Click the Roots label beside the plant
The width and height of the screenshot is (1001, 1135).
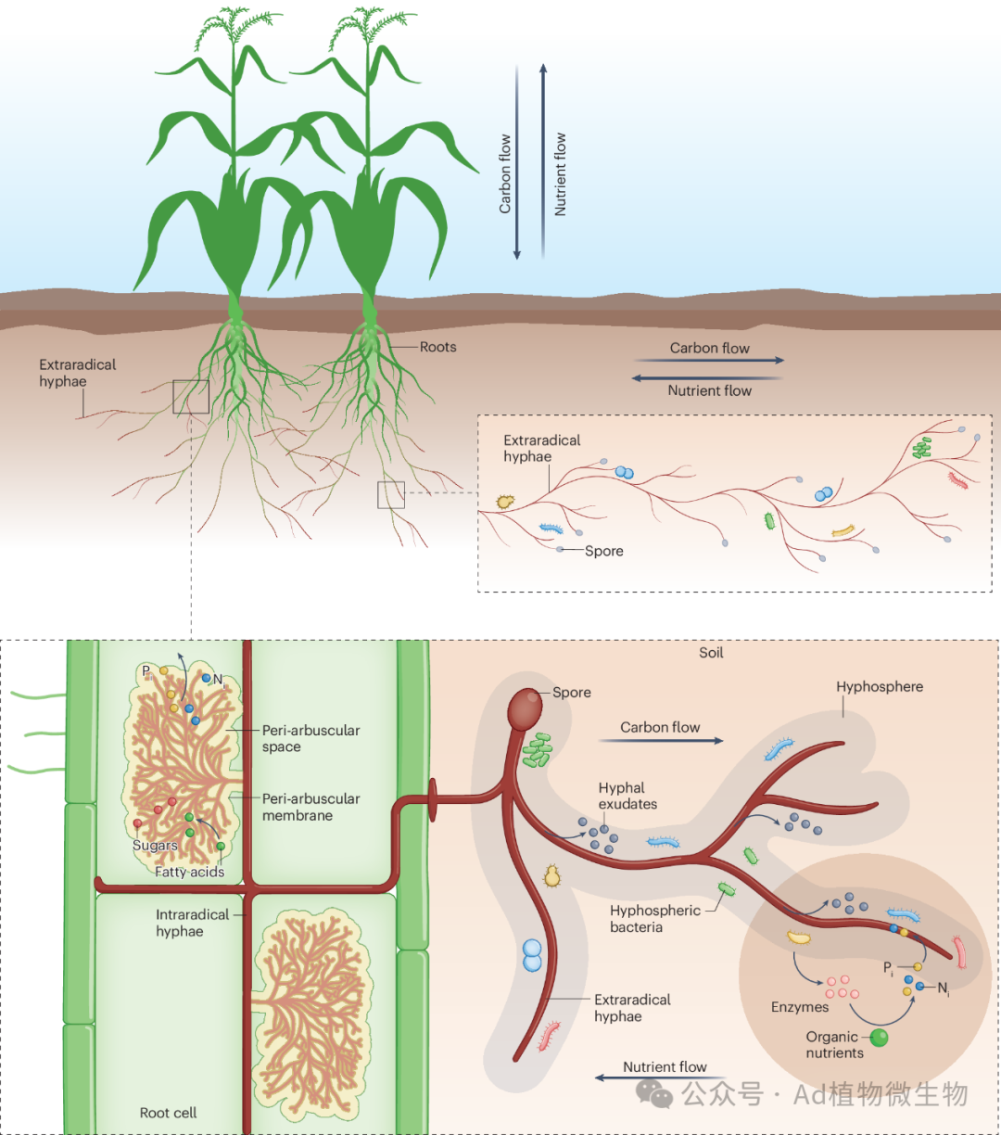[x=437, y=347]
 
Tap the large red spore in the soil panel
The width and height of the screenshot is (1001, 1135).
[x=525, y=707]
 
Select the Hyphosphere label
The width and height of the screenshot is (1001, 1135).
[x=879, y=687]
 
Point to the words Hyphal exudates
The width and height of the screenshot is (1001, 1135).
[x=627, y=796]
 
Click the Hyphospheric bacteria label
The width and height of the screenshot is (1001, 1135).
[x=654, y=919]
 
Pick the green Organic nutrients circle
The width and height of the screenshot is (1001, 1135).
[x=879, y=1038]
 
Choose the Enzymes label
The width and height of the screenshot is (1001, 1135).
[x=799, y=1007]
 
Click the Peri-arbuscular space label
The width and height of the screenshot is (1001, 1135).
[x=310, y=738]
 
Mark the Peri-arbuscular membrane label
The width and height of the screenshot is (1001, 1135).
[x=310, y=807]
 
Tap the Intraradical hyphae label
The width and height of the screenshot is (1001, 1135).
[x=192, y=923]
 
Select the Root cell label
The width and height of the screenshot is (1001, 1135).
[x=168, y=1113]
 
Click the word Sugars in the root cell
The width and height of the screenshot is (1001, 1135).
[x=155, y=846]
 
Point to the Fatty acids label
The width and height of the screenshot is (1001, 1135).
[x=189, y=872]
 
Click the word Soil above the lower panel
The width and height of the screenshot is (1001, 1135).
[x=711, y=653]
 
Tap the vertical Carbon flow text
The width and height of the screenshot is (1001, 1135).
[x=505, y=173]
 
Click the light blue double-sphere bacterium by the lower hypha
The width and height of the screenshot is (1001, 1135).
[x=532, y=955]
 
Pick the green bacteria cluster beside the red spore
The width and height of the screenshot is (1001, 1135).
[x=538, y=750]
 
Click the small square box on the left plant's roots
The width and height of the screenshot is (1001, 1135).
[x=190, y=397]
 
